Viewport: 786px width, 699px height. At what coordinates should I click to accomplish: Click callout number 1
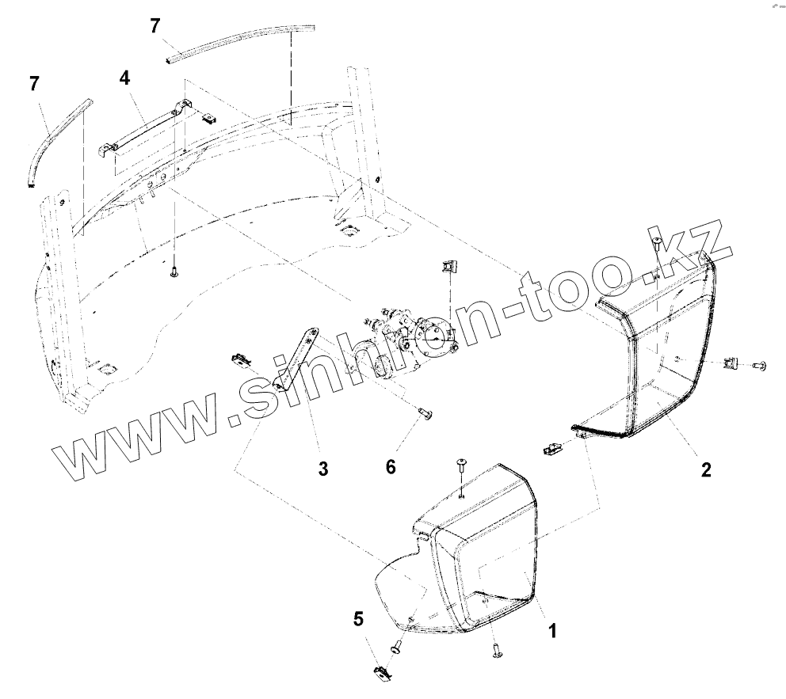point(552,631)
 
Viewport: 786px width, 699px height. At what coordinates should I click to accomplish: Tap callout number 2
point(705,469)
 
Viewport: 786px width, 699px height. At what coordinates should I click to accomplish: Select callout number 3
point(322,469)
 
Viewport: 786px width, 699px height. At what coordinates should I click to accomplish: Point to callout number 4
point(124,78)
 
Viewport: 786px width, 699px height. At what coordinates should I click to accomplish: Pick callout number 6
point(391,467)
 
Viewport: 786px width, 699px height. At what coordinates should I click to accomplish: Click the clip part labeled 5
point(380,674)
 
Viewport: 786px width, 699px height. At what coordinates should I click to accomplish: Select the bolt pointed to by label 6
point(425,413)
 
